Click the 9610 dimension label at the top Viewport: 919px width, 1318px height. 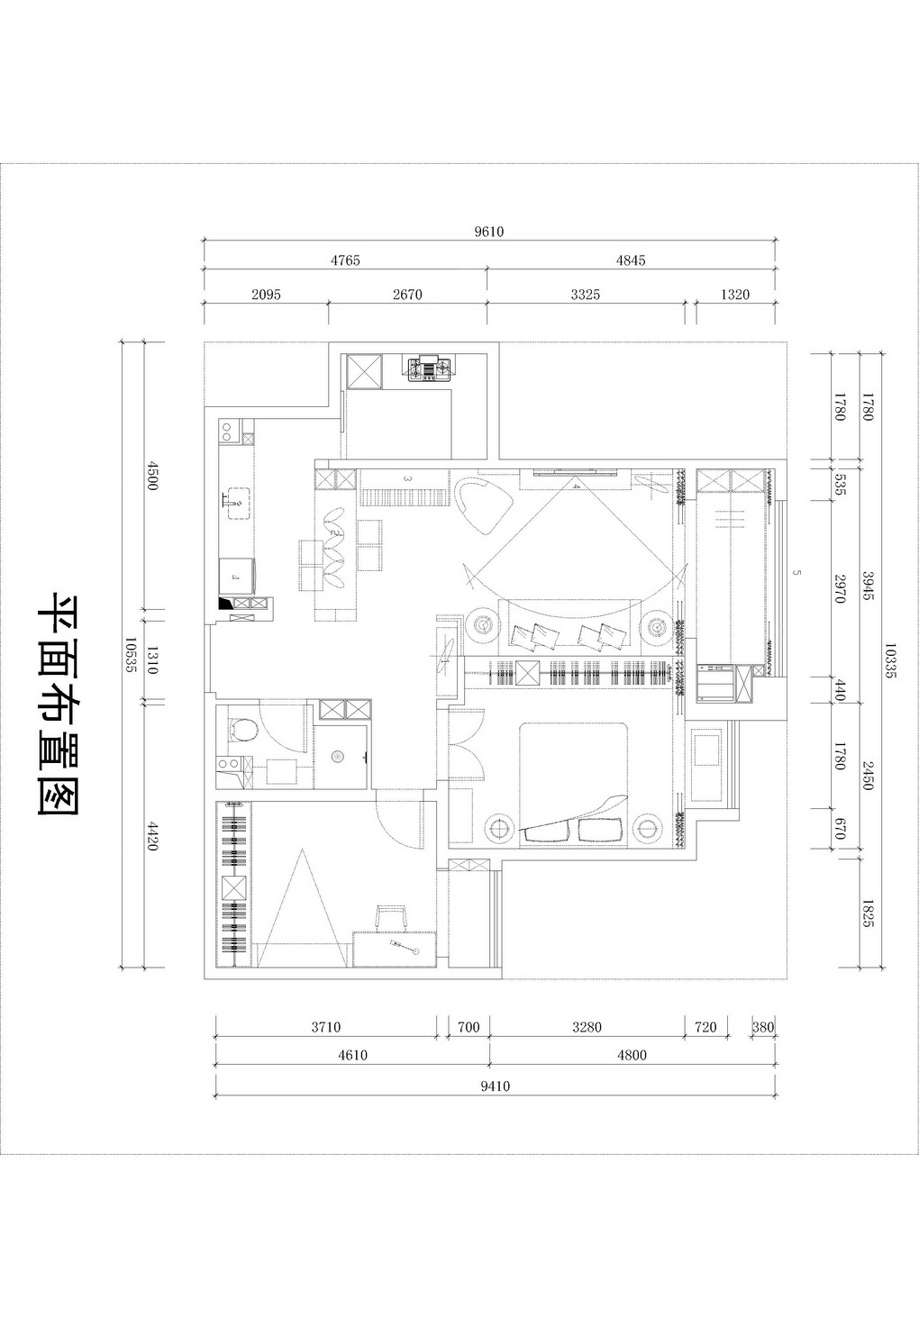pos(489,232)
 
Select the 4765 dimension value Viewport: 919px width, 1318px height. pos(345,260)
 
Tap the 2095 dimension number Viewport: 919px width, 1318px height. pos(267,295)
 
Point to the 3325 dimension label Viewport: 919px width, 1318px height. pos(586,295)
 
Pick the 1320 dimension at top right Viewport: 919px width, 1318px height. pos(735,295)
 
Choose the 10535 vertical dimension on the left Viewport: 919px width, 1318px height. pos(131,655)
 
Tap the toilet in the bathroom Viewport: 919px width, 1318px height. pos(242,730)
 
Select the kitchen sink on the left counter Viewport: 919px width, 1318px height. pos(238,504)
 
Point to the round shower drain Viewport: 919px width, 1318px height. pos(338,756)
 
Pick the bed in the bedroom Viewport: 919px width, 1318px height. pos(574,785)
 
